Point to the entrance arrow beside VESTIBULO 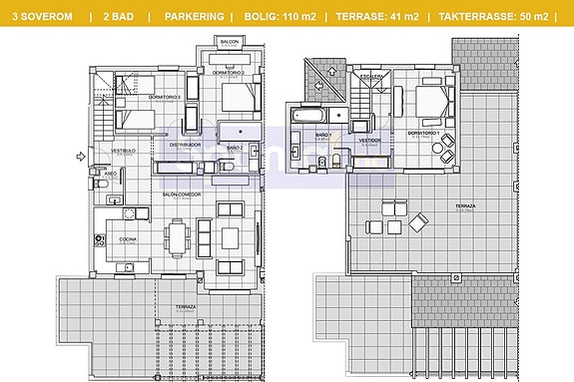pos(80,156)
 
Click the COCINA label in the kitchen pos(128,239)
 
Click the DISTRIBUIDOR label pos(185,144)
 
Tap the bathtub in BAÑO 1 pos(303,118)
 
